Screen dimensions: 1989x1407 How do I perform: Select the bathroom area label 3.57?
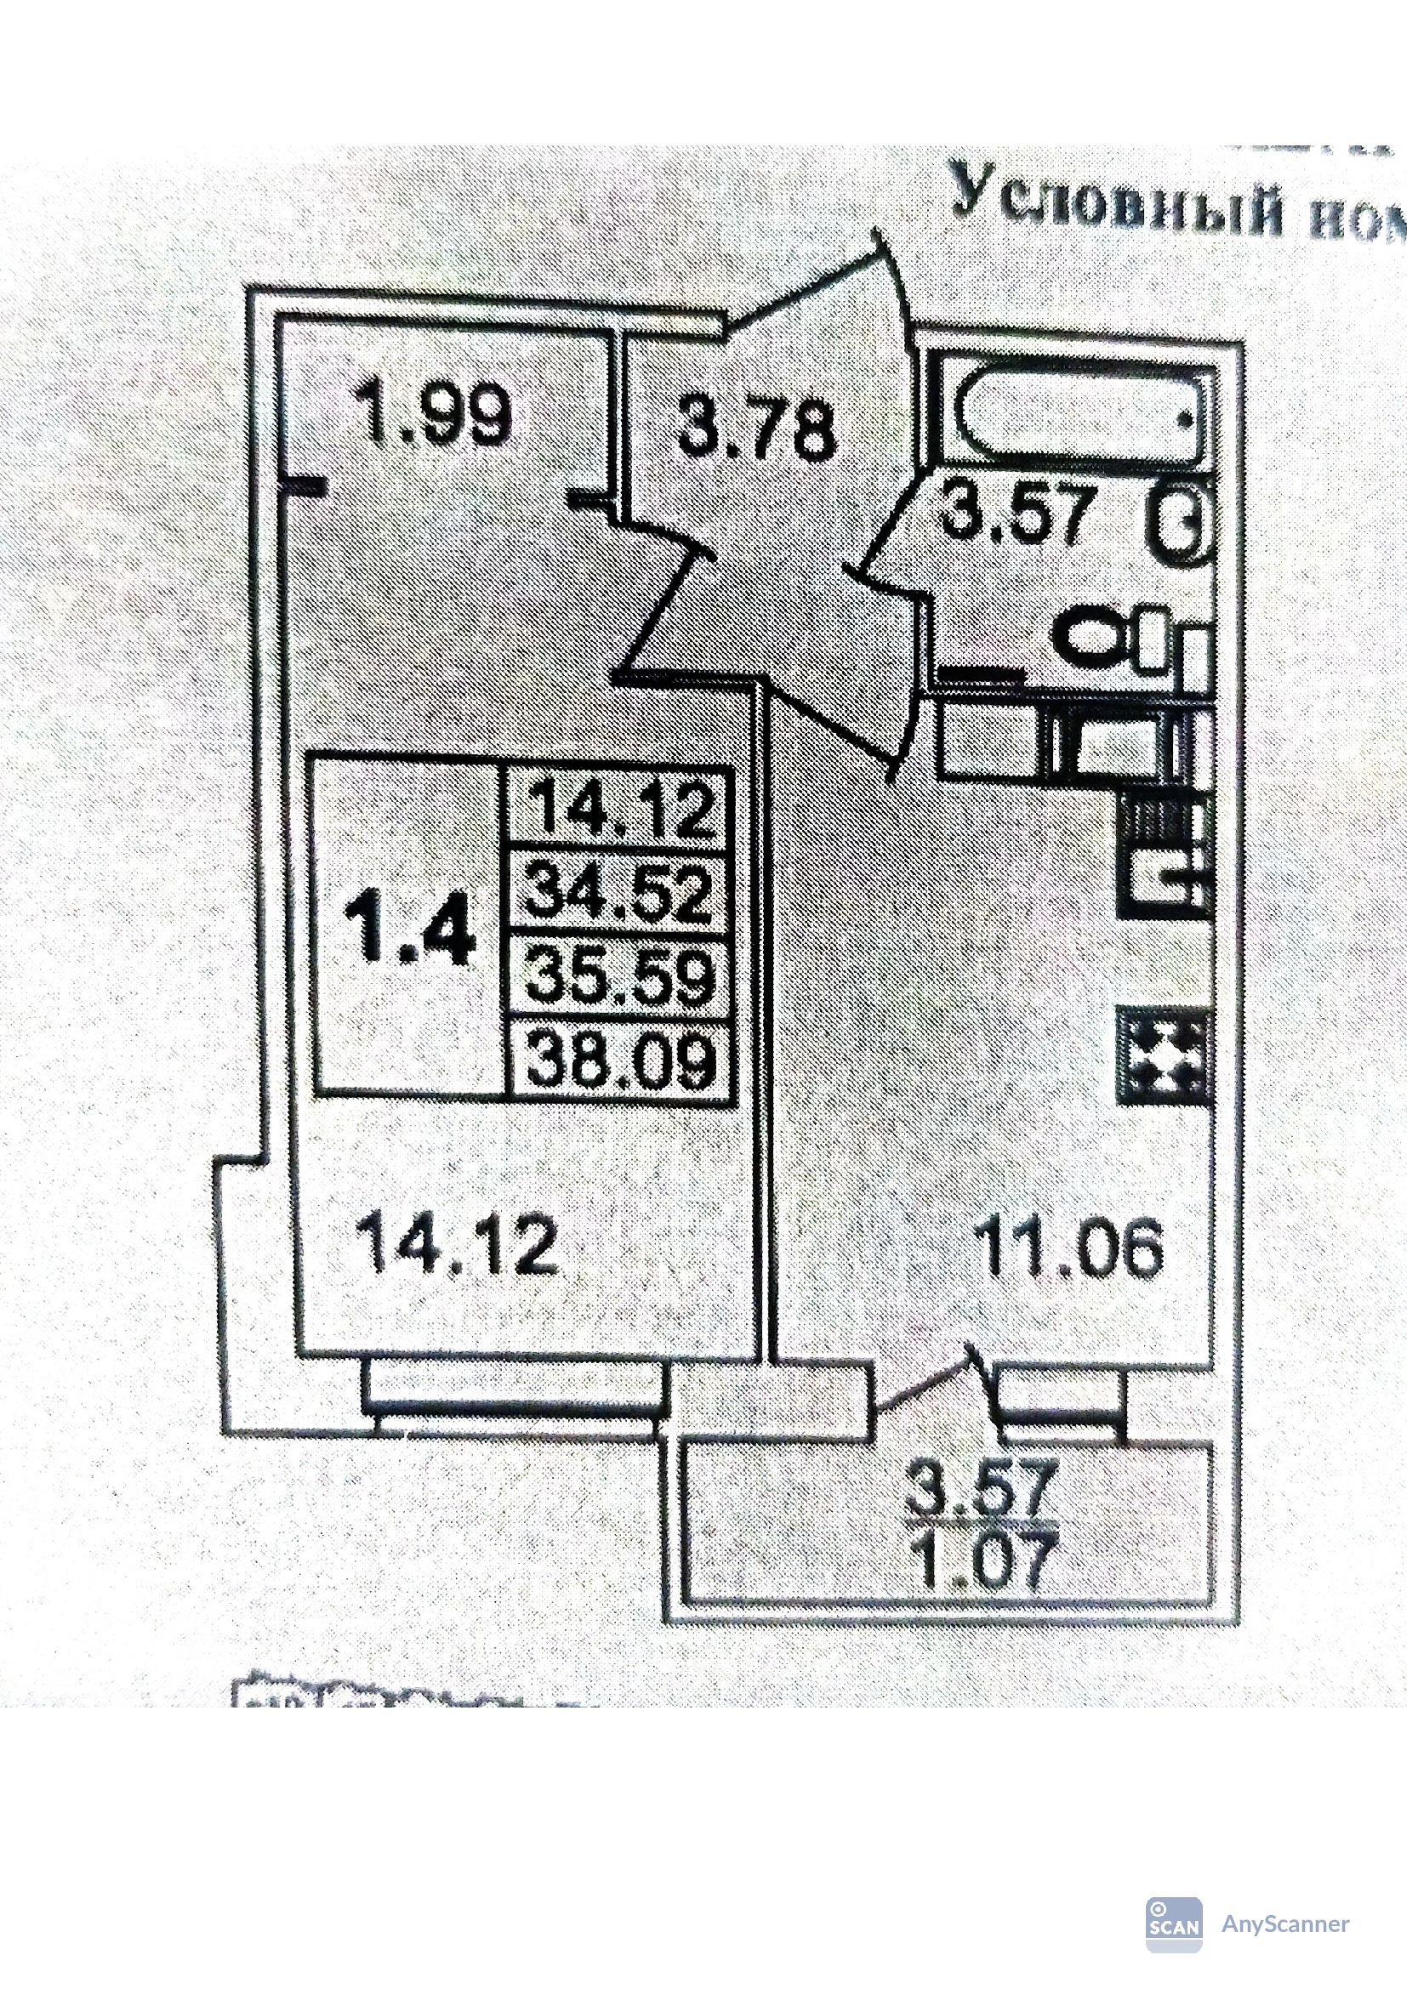click(x=1015, y=514)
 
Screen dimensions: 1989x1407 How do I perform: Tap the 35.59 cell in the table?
click(x=620, y=976)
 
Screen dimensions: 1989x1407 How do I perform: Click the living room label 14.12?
click(x=457, y=1244)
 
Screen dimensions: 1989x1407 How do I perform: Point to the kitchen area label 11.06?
click(x=1068, y=1247)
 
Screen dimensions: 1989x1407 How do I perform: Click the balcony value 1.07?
click(x=986, y=1561)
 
